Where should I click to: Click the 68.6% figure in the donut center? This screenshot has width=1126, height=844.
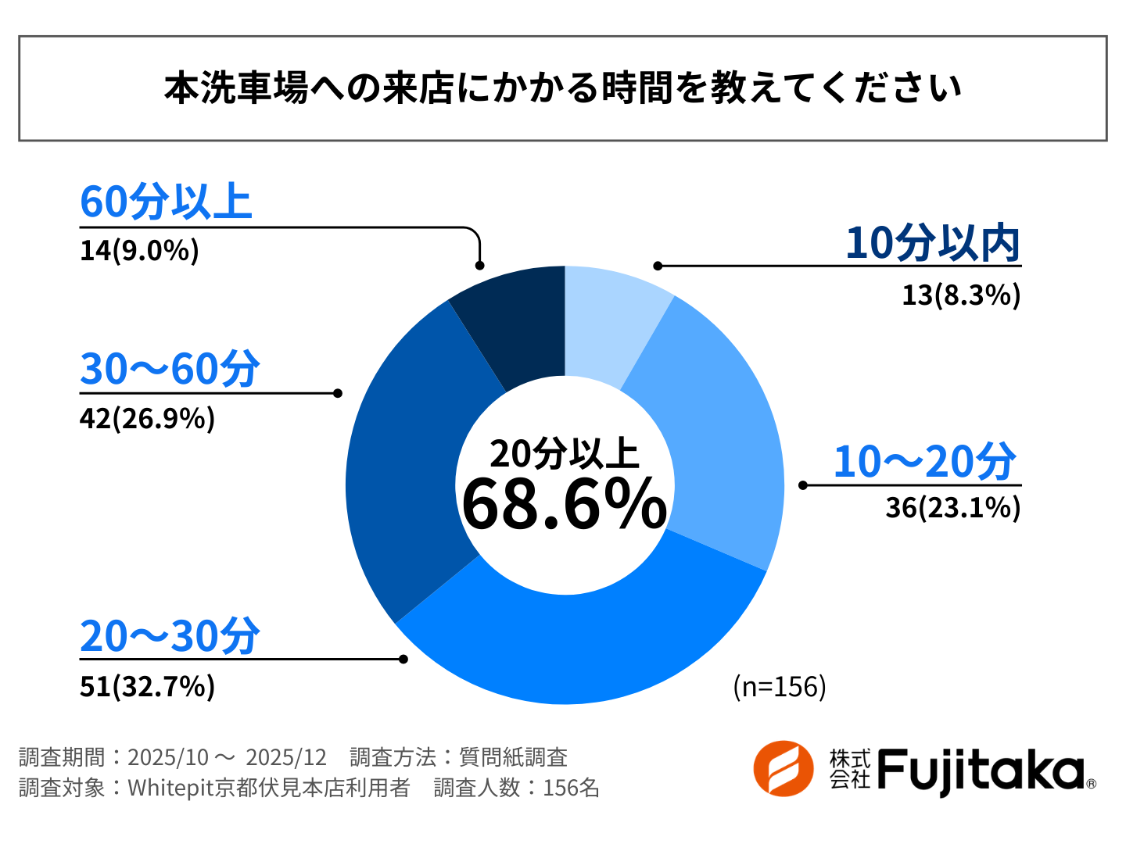[565, 504]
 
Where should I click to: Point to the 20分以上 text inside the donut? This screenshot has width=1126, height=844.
[565, 453]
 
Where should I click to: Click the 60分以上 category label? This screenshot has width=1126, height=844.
[166, 202]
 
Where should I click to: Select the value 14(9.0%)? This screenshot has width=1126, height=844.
[139, 251]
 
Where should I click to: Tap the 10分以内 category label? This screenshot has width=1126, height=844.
[933, 243]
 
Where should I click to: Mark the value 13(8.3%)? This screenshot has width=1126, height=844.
[961, 295]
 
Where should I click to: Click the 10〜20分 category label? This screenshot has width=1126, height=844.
[924, 461]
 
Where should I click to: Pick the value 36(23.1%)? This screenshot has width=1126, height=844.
[952, 508]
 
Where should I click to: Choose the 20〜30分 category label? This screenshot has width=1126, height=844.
[170, 636]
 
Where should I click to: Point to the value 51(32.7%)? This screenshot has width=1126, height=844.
[147, 686]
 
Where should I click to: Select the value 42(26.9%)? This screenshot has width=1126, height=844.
[147, 419]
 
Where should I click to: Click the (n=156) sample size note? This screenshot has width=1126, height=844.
[780, 686]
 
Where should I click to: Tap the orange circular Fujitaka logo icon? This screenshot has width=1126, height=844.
[784, 769]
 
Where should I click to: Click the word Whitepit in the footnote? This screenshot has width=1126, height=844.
[170, 788]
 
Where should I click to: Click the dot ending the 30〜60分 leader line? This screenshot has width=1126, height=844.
[338, 393]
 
